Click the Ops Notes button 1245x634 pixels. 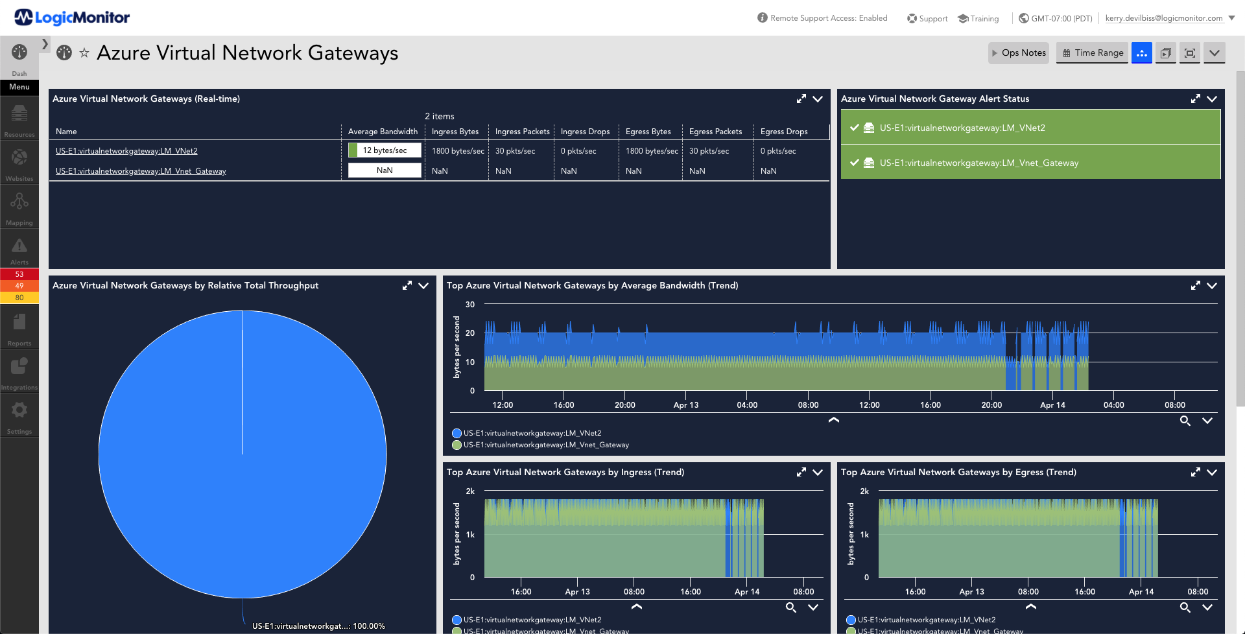1018,53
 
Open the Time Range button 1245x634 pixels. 1093,53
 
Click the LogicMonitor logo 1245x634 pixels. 72,18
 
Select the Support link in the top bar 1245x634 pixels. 927,19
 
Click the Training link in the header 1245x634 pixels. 978,19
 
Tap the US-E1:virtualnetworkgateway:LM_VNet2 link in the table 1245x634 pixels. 126,151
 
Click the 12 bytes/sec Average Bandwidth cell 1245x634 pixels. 385,150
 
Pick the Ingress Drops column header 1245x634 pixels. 585,132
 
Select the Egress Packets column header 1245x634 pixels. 715,132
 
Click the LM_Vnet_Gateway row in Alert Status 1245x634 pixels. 1030,163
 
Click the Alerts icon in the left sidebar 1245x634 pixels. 19,250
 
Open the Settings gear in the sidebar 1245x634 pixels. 19,415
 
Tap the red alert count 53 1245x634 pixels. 19,274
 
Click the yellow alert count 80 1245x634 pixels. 19,298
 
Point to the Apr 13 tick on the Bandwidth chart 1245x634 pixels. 686,405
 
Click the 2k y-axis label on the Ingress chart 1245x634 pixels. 470,491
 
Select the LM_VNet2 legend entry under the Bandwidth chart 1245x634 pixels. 527,433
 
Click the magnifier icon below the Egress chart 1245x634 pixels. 1185,607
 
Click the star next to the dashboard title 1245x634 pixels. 84,53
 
